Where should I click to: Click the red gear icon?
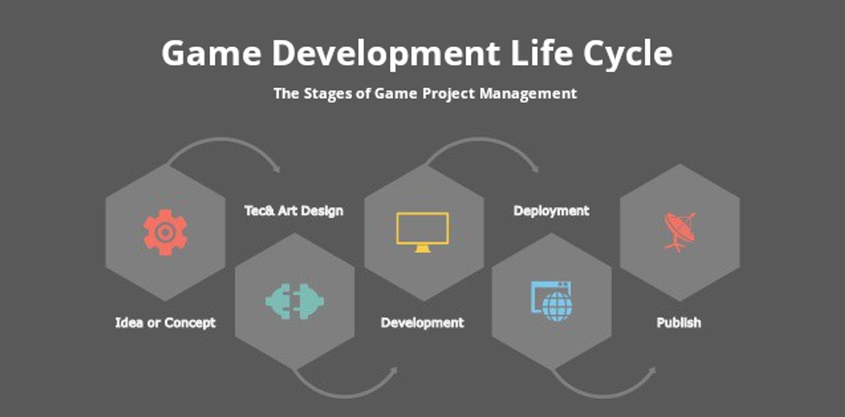click(x=165, y=233)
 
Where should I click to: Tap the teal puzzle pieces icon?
click(x=294, y=301)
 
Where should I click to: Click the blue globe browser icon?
click(x=552, y=301)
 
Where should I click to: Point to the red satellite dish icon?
click(x=680, y=232)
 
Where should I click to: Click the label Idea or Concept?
click(x=165, y=322)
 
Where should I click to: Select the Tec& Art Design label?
click(x=294, y=211)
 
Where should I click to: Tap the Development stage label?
click(x=422, y=322)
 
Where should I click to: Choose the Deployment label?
click(x=551, y=211)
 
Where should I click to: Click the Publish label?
click(x=679, y=322)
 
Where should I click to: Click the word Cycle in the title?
click(x=628, y=54)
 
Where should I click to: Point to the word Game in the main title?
click(x=211, y=53)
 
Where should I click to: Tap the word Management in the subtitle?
click(x=528, y=93)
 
